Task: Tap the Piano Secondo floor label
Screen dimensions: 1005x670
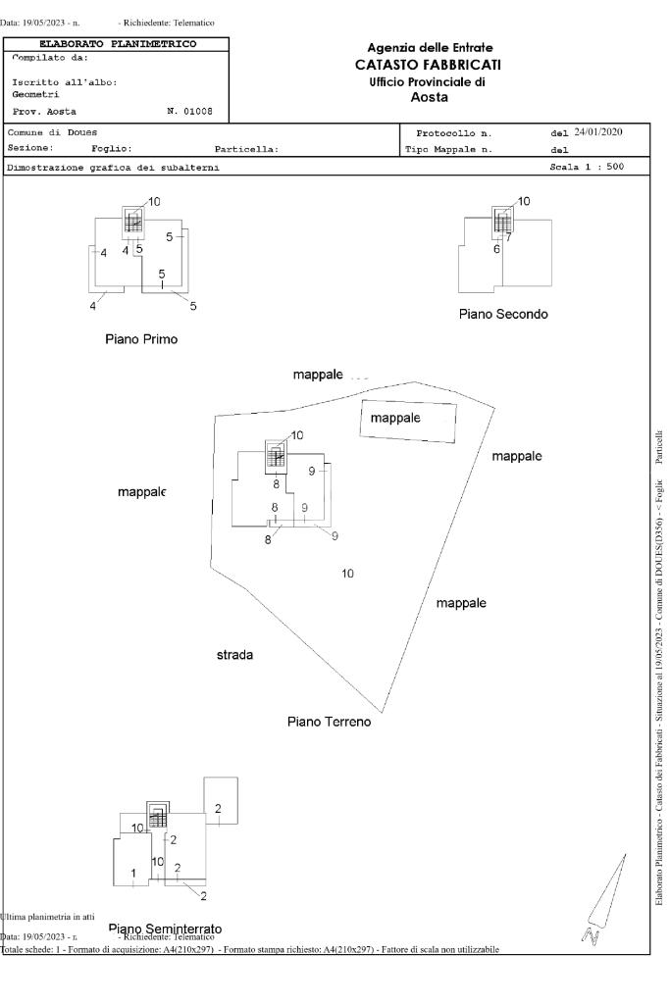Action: tap(503, 315)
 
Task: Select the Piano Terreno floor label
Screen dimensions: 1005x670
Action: tap(329, 722)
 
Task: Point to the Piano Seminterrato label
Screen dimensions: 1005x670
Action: tap(165, 928)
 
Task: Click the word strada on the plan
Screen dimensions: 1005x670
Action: tap(235, 654)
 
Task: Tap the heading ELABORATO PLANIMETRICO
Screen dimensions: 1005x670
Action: tap(117, 44)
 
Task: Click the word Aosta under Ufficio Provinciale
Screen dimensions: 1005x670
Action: tap(430, 97)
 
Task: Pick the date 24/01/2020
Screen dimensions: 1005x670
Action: tap(597, 131)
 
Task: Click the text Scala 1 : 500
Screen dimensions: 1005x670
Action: tap(587, 168)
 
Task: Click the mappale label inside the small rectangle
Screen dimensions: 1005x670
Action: tap(395, 418)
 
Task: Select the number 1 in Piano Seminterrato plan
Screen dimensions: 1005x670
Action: tap(133, 872)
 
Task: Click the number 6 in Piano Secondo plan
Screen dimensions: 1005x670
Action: tap(496, 249)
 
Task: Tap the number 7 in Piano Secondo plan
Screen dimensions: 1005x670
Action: tap(508, 237)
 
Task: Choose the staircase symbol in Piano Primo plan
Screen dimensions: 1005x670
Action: tap(134, 224)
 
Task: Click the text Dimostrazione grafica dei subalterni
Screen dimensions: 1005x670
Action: tap(114, 168)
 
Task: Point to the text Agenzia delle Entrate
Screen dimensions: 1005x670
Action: tap(430, 48)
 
